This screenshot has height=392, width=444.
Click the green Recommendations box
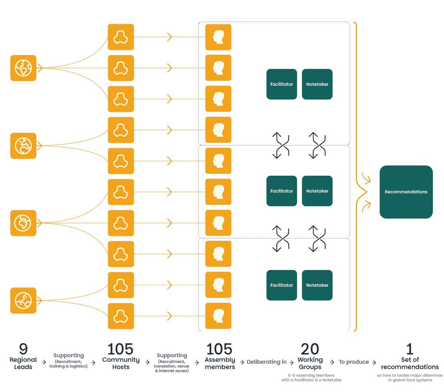(406, 192)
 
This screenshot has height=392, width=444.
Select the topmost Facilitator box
(281, 84)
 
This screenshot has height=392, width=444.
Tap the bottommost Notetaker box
(317, 285)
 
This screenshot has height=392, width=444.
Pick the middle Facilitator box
(281, 191)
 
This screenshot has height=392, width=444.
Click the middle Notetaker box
(317, 191)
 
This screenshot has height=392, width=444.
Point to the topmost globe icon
(23, 68)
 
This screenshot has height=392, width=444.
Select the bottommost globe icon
(23, 301)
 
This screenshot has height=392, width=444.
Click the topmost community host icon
(121, 37)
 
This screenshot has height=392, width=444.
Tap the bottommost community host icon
(121, 316)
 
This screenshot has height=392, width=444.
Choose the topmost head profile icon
(218, 37)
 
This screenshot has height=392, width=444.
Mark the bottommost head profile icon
(218, 316)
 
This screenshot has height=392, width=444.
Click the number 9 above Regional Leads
(23, 349)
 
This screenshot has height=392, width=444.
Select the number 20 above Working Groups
(310, 349)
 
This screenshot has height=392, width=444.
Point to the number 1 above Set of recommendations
(409, 349)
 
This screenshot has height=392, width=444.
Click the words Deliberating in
(266, 362)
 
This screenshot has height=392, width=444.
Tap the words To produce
(354, 362)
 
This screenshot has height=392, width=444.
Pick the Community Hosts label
(121, 363)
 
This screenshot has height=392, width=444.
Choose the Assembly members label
(220, 363)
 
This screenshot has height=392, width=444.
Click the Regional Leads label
(23, 363)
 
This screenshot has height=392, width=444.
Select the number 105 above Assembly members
(219, 349)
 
